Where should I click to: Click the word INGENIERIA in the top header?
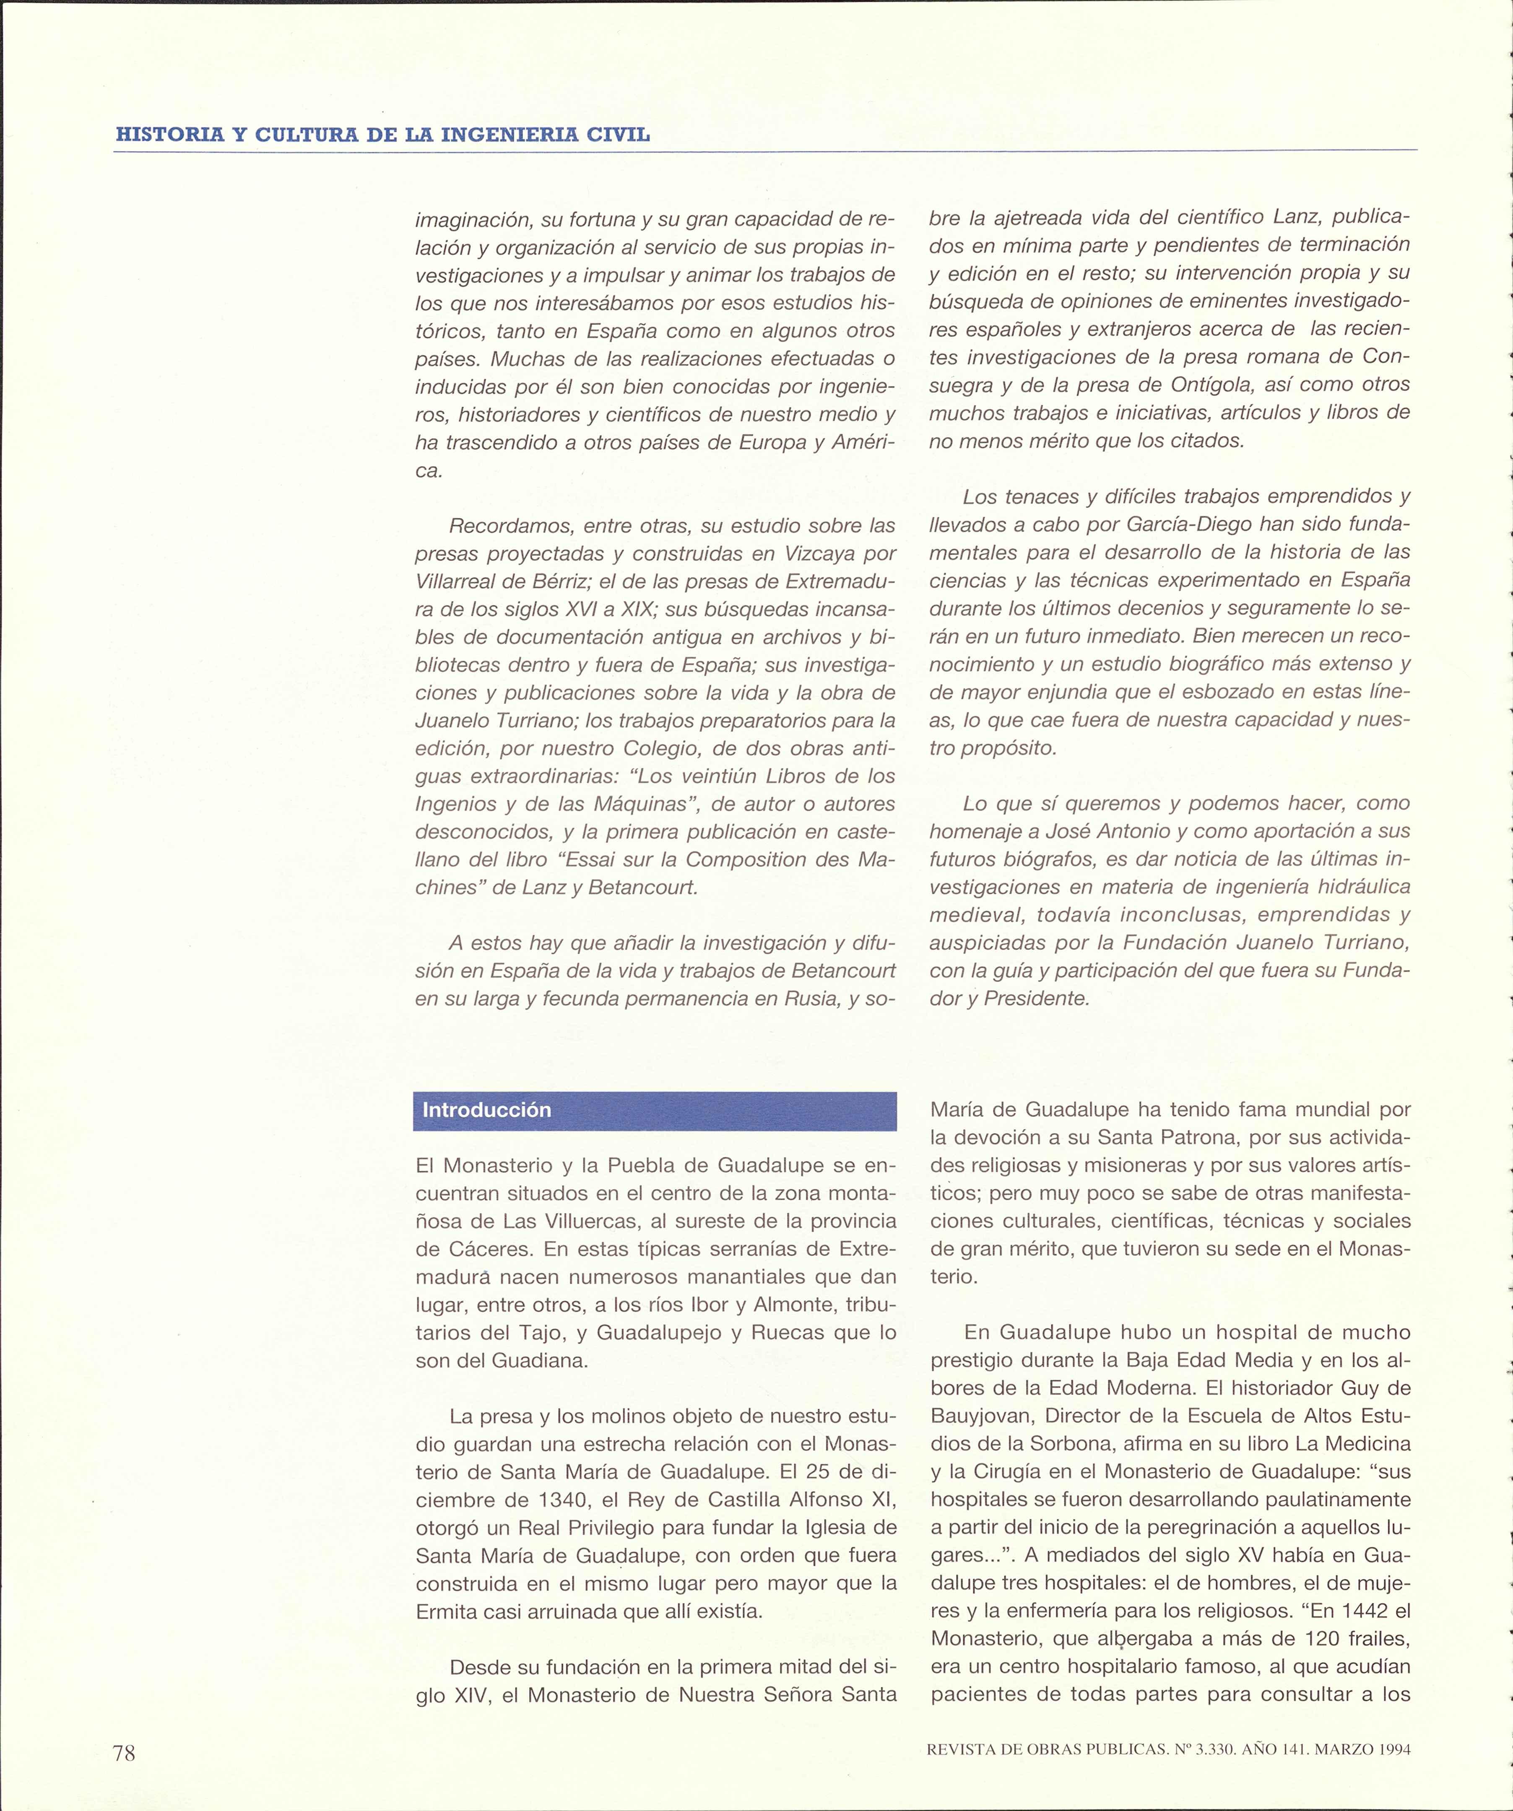pyautogui.click(x=502, y=135)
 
